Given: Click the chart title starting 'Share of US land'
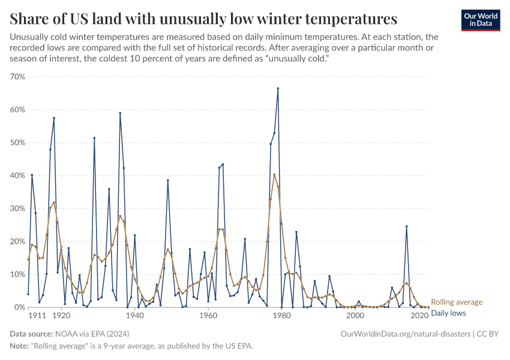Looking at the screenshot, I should pyautogui.click(x=203, y=19).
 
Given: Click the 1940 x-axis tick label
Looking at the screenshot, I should pyautogui.click(x=134, y=314).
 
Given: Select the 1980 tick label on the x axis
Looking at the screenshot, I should pyautogui.click(x=281, y=314).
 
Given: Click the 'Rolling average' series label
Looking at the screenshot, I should pyautogui.click(x=457, y=302).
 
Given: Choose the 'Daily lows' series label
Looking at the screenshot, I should pyautogui.click(x=449, y=313).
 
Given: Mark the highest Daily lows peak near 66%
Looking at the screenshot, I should pyautogui.click(x=278, y=88).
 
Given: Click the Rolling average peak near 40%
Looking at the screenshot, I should pyautogui.click(x=274, y=175).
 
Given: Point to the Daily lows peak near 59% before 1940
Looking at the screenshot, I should pyautogui.click(x=120, y=113).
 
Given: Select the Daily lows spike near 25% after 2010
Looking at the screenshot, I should pyautogui.click(x=406, y=226).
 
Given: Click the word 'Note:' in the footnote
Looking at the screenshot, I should pyautogui.click(x=20, y=347).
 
